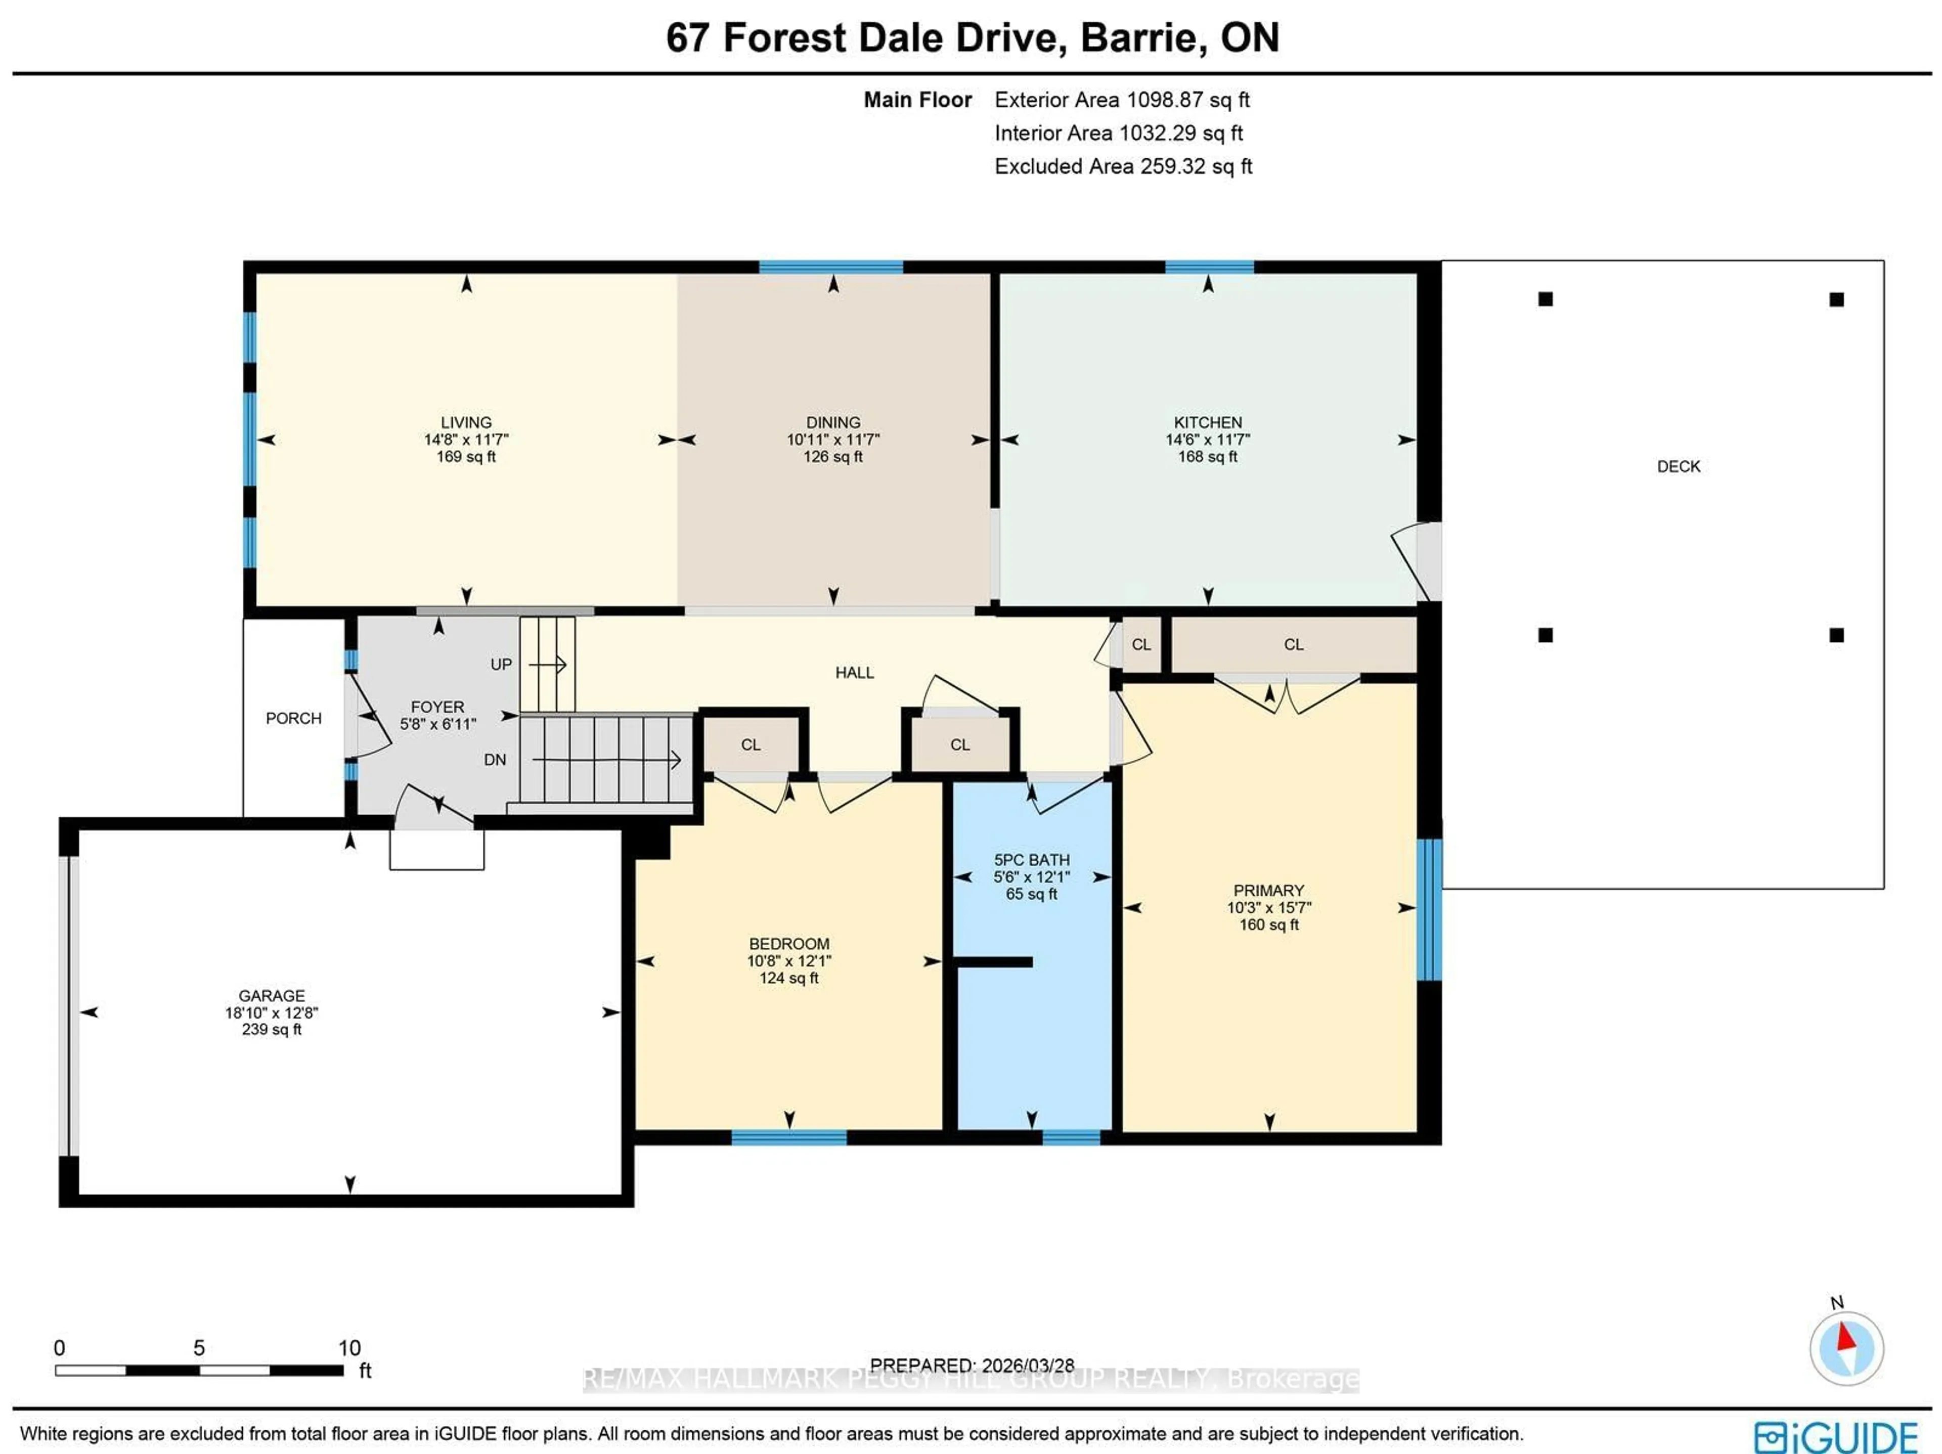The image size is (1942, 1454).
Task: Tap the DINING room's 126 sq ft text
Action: click(832, 457)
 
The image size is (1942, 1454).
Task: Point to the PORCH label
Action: click(293, 718)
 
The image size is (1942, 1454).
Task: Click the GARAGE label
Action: click(271, 996)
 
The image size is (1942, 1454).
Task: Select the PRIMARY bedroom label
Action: click(1268, 890)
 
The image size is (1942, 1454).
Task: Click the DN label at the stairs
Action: click(494, 760)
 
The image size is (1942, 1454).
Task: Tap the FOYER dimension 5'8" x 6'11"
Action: click(437, 724)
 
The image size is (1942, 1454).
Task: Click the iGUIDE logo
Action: click(1835, 1437)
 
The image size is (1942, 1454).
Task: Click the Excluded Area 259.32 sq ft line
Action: click(1123, 167)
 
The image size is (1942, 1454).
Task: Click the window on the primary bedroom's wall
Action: click(1429, 909)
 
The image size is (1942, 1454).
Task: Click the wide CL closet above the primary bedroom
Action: click(1293, 644)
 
